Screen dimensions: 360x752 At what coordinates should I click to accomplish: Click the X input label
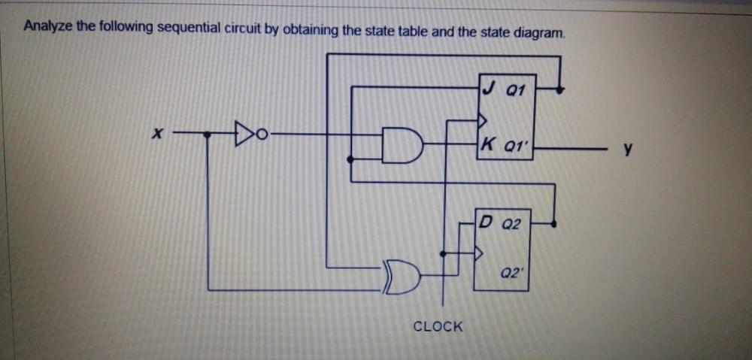[157, 136]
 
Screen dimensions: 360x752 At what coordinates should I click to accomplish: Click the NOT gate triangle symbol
[242, 135]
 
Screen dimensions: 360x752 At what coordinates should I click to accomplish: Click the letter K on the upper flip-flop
[490, 145]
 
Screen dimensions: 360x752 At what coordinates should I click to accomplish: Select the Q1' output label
[519, 146]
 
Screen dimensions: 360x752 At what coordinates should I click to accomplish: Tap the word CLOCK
[438, 326]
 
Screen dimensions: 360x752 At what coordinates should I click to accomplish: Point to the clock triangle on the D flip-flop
[476, 253]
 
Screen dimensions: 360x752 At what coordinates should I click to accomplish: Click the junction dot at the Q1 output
[558, 89]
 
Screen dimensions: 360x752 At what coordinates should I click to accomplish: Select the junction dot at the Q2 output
[554, 223]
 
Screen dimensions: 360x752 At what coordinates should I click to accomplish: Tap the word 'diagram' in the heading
[540, 32]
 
